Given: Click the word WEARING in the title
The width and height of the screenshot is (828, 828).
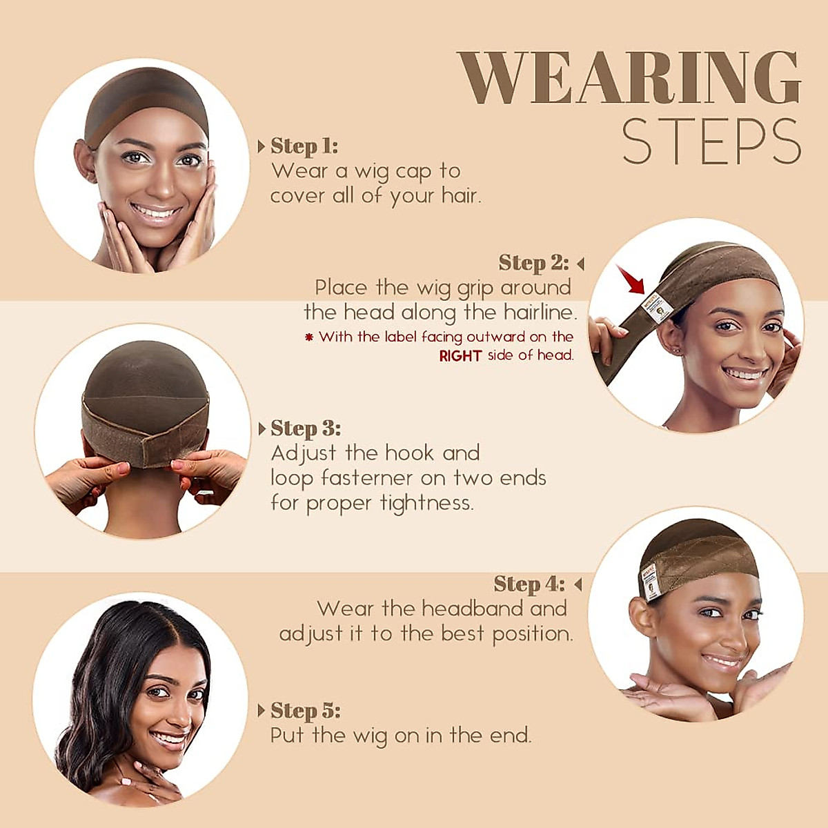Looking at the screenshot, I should [x=629, y=79].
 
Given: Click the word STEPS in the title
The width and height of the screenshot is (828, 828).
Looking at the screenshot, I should [x=711, y=143].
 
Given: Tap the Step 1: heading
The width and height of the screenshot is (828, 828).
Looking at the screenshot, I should [x=304, y=146].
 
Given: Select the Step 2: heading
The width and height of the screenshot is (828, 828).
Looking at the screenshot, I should [x=533, y=263].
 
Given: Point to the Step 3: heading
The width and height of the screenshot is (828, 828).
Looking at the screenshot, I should [x=306, y=428].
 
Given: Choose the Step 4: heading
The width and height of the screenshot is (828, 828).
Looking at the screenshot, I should [x=529, y=584].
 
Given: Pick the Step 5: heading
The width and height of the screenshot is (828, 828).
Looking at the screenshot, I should [x=306, y=711].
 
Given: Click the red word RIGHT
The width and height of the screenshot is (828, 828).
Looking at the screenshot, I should [x=460, y=356].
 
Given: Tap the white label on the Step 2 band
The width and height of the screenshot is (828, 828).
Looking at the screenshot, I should [x=658, y=308].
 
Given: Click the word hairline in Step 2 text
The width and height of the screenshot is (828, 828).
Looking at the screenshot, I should [x=539, y=313].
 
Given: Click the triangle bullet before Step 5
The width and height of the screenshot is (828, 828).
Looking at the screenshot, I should [x=262, y=711].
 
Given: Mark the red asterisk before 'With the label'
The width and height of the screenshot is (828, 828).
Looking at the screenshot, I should [x=309, y=337].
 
